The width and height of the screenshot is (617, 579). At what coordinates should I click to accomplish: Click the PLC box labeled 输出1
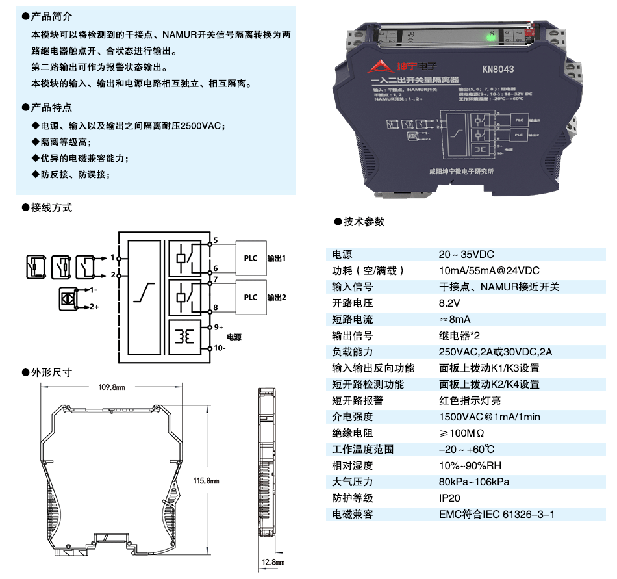(x=250, y=257)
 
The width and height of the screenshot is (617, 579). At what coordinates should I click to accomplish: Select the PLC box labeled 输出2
(x=250, y=297)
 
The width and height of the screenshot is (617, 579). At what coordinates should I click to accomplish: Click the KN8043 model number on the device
(x=498, y=70)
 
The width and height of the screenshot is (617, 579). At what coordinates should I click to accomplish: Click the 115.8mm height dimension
(x=206, y=481)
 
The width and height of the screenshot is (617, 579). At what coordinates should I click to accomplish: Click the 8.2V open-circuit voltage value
(x=449, y=303)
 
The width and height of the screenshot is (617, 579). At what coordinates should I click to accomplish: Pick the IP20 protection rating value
(x=449, y=498)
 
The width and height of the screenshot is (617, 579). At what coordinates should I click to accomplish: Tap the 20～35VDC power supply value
(x=466, y=255)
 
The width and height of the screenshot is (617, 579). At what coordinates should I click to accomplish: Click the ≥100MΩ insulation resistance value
(x=462, y=433)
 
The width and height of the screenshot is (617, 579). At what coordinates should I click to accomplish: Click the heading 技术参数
(x=364, y=222)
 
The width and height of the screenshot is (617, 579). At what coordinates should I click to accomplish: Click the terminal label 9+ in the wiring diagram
(x=218, y=328)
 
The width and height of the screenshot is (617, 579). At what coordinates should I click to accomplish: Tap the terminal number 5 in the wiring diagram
(x=215, y=241)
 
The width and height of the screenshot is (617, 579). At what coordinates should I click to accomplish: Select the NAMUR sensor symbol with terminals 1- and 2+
(x=68, y=296)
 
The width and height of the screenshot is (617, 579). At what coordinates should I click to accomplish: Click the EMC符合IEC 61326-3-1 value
(x=497, y=515)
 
